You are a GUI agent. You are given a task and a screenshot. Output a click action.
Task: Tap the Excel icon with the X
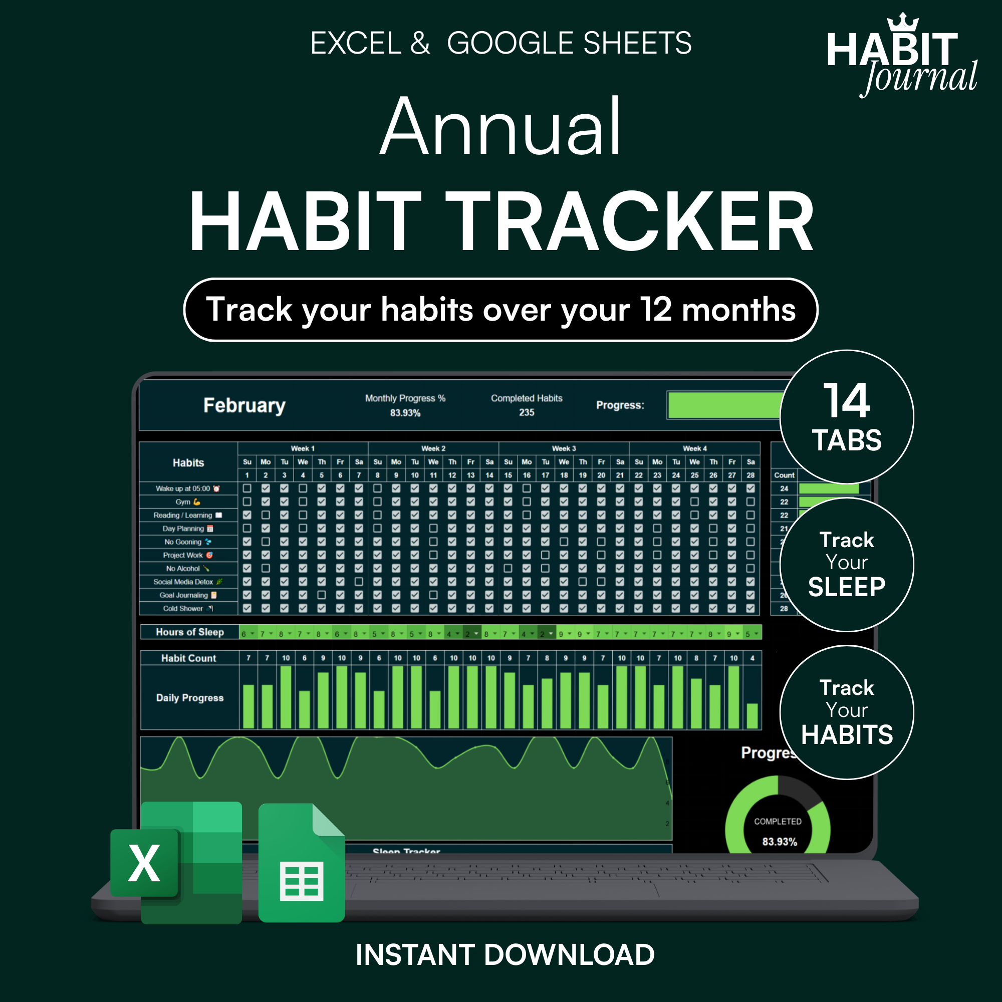coord(144,863)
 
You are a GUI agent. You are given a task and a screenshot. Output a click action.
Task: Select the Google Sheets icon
coord(301,863)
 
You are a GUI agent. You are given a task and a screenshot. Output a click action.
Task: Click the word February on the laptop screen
coord(244,406)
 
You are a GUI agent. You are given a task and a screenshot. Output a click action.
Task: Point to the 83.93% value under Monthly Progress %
coord(405,413)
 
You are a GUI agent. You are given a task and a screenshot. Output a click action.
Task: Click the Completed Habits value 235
coord(527,413)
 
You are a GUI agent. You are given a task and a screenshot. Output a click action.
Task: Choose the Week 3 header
coord(564,448)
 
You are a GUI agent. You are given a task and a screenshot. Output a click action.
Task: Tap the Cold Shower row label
coord(183,609)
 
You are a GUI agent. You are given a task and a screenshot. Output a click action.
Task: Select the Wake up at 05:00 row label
coord(183,488)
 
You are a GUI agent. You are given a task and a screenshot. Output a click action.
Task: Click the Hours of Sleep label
coord(190,632)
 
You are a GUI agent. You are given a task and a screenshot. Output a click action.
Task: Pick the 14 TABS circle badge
coord(846,417)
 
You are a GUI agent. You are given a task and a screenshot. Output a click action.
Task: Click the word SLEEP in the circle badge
coord(846,587)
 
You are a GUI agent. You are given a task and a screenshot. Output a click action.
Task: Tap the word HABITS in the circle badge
coord(846,735)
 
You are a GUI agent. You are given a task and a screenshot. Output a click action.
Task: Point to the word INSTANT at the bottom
coord(415,955)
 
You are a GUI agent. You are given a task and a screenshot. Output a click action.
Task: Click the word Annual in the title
coord(500,127)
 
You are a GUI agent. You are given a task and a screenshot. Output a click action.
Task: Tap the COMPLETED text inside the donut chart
coord(778,822)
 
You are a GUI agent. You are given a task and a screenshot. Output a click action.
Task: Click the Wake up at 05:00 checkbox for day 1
coord(247,488)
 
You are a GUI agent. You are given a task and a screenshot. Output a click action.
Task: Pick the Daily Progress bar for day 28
coord(752,716)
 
